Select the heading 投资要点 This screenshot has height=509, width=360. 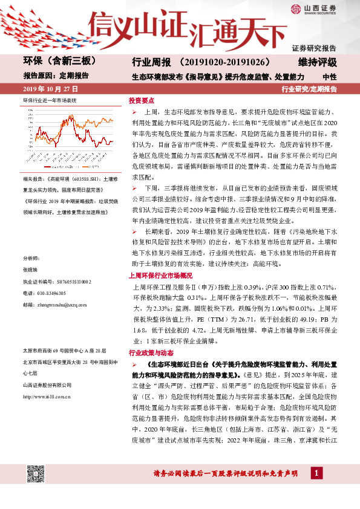[141, 101]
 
